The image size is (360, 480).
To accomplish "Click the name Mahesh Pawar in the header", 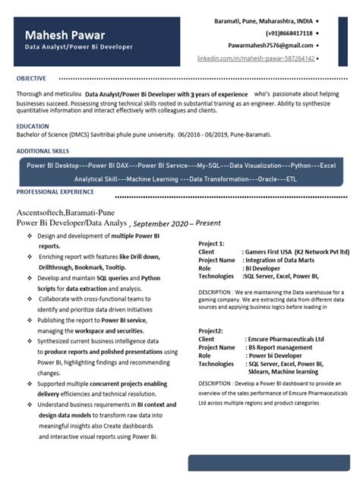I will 65,36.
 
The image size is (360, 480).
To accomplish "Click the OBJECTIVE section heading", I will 31,78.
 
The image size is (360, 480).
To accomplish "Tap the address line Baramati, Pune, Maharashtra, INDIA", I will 263,21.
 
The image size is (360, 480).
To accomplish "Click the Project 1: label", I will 211,243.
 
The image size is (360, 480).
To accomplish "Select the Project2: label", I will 210,331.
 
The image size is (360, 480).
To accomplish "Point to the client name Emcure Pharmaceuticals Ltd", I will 286,339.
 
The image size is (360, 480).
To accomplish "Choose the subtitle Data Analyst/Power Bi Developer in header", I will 78,47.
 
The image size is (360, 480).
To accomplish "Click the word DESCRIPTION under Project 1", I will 220,292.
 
